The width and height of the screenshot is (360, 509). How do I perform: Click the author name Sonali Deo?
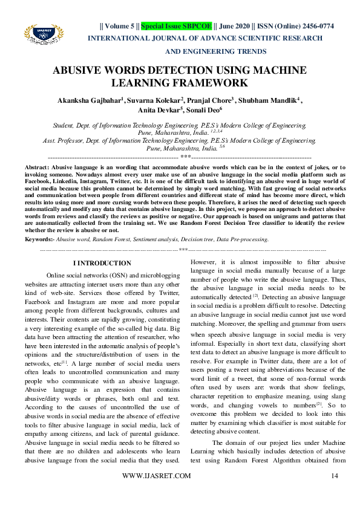[x=203, y=111]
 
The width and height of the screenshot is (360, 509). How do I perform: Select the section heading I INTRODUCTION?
[x=102, y=264]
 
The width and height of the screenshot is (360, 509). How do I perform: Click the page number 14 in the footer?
[x=333, y=494]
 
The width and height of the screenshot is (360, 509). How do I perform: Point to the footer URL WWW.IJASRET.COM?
[x=156, y=494]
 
